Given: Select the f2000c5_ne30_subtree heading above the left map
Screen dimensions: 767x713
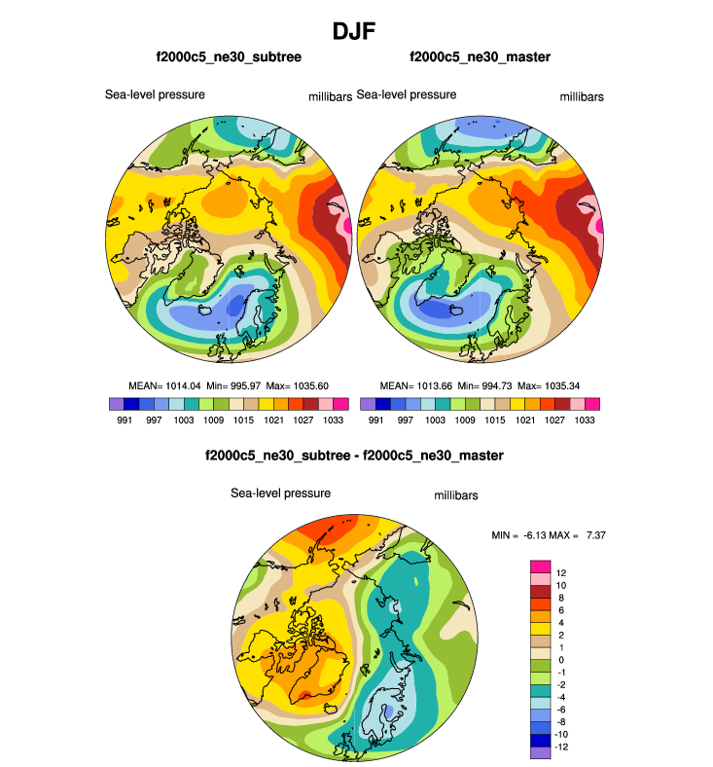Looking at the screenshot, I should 229,57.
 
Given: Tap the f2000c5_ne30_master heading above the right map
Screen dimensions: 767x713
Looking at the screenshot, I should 481,57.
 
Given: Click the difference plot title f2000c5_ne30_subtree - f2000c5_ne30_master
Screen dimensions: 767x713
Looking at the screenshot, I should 354,455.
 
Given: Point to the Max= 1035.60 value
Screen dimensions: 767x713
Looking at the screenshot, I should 294,385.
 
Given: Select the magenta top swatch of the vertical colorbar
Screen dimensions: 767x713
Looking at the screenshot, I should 540,566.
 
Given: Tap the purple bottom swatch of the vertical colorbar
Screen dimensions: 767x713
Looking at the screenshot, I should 540,752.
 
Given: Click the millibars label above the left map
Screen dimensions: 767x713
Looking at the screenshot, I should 324,96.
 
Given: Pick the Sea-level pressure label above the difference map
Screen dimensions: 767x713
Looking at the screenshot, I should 280,493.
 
